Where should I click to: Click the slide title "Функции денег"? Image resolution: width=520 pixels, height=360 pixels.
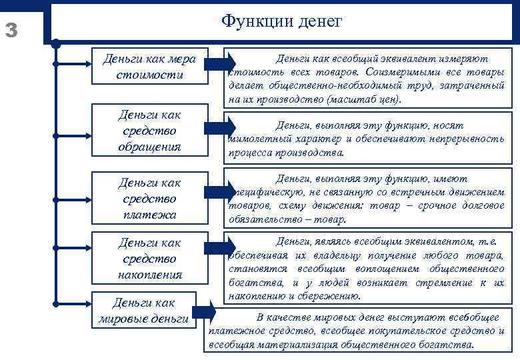[281, 22]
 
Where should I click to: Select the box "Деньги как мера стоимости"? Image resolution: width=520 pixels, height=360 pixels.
[149, 67]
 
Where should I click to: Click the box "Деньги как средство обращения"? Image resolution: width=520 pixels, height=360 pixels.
[149, 130]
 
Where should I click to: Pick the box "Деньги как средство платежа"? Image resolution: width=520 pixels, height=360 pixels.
[149, 198]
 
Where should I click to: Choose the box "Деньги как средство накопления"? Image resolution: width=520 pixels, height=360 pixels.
[149, 258]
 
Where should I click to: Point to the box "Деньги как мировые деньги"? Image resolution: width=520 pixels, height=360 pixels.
[143, 311]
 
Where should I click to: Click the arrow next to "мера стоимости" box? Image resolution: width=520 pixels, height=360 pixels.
[219, 64]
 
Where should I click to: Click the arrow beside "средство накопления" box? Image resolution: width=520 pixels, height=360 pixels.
[219, 247]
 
